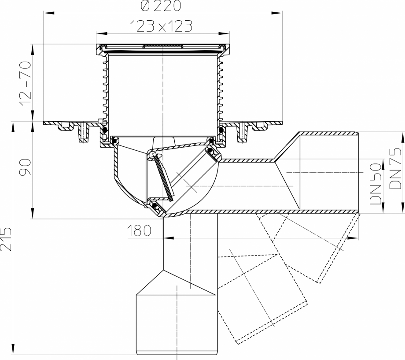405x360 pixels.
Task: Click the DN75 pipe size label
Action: (x=396, y=169)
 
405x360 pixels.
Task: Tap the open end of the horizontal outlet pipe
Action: (x=357, y=172)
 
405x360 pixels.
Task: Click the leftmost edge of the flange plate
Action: (x=44, y=123)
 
